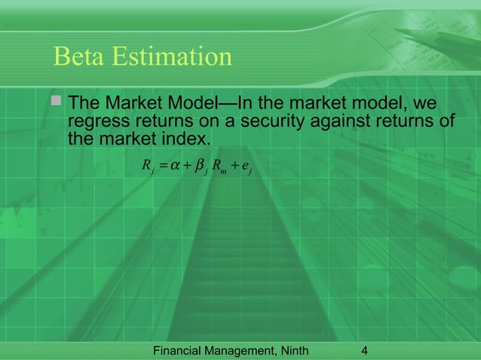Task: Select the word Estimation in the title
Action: tap(175, 56)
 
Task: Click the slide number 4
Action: tap(365, 350)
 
